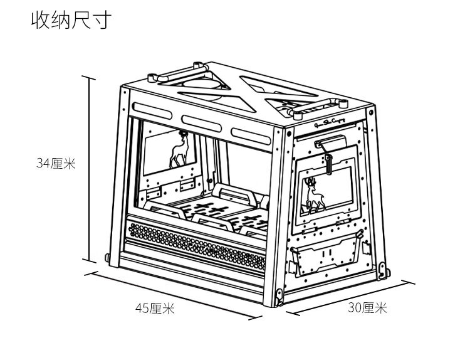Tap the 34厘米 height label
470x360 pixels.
coord(55,164)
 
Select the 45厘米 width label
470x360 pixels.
coord(155,308)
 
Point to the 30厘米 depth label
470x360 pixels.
coord(368,308)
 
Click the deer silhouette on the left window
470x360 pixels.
coord(182,151)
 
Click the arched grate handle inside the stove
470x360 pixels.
coord(235,194)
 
